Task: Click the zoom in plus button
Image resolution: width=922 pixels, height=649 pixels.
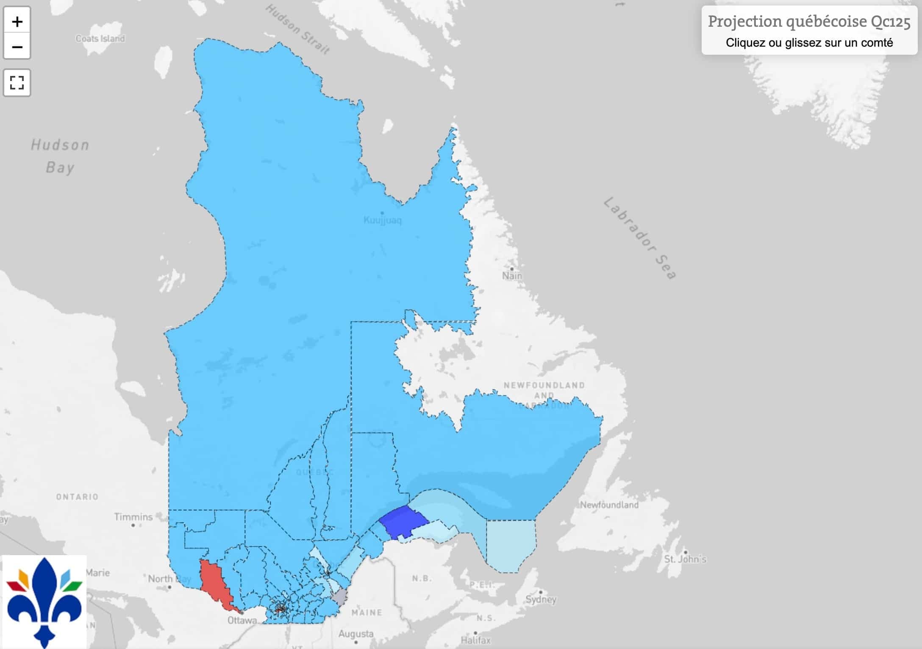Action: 17,21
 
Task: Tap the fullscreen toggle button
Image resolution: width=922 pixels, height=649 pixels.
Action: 17,83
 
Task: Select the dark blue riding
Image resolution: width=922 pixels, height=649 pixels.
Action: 403,522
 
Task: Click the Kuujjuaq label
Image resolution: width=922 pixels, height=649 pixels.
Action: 383,220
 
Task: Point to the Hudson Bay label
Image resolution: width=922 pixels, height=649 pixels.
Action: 60,156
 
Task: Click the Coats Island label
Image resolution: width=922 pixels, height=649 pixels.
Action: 100,39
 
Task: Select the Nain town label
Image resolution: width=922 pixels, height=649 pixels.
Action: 512,276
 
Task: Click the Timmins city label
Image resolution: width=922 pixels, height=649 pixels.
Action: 133,517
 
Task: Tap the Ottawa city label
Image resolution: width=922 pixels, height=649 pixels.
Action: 242,620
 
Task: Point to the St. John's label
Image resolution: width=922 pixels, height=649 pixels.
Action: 685,559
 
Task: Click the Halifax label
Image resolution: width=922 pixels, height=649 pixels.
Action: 475,640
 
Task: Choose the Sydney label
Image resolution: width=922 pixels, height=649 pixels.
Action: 541,599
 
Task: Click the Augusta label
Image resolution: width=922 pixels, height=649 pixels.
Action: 356,634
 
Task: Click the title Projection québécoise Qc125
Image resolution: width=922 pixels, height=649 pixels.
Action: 809,21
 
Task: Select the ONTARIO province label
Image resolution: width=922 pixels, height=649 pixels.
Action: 77,497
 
